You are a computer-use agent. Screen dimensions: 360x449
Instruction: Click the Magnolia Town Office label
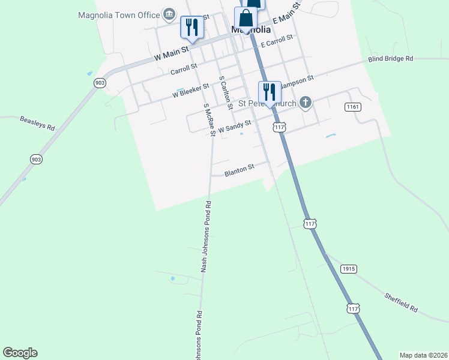coord(119,15)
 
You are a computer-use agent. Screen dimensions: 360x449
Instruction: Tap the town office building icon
coord(169,14)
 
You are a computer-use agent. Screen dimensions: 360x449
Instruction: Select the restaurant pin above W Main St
coord(191,28)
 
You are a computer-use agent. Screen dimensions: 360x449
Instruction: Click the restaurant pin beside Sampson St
coord(270,92)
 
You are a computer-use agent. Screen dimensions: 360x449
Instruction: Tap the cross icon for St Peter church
coord(306,103)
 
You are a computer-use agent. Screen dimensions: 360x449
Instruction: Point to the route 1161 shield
coord(353,107)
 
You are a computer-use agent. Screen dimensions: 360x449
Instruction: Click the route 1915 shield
coord(349,269)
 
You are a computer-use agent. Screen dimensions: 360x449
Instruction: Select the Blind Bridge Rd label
coord(391,59)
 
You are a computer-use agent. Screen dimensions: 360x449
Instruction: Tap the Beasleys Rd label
coord(37,123)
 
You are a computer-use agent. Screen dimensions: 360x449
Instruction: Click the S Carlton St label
coord(225,92)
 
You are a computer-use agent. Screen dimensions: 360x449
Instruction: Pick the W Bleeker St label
coord(190,91)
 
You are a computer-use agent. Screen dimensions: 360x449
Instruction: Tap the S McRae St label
coord(209,119)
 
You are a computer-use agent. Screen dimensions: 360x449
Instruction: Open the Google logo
coord(20,353)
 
